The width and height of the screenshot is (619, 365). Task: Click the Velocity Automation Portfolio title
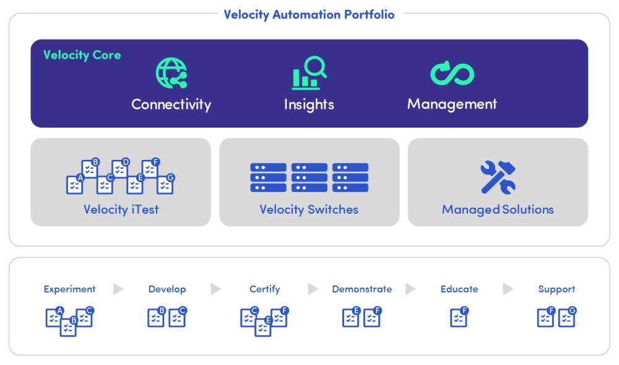click(309, 14)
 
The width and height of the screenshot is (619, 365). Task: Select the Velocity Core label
click(82, 55)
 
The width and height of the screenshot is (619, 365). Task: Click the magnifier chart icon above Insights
click(309, 73)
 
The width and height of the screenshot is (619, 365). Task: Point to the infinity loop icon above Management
click(452, 74)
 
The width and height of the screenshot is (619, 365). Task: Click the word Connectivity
click(171, 104)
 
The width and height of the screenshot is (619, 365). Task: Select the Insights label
click(309, 104)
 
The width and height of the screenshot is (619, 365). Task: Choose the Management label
click(452, 104)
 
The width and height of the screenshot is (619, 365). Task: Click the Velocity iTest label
click(121, 209)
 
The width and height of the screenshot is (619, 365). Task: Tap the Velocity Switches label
click(309, 209)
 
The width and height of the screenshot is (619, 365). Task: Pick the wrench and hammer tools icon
click(498, 177)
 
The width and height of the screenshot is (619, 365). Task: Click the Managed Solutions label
click(498, 209)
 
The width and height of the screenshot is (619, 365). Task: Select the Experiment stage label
click(69, 289)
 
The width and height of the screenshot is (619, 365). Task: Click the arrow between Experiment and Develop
click(118, 289)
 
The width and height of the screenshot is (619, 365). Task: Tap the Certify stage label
click(264, 289)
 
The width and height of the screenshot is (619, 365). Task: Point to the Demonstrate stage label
click(361, 289)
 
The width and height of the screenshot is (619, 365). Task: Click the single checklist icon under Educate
click(459, 317)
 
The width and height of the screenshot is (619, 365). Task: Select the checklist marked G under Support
click(567, 317)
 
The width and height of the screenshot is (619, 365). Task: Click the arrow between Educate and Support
click(508, 289)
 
